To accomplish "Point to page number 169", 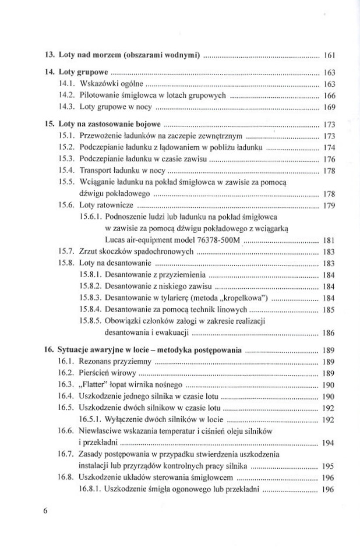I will pyautogui.click(x=327, y=107).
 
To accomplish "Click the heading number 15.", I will pyautogui.click(x=49, y=125).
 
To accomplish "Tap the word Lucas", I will pyautogui.click(x=116, y=239).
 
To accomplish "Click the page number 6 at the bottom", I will pyautogui.click(x=45, y=511).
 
